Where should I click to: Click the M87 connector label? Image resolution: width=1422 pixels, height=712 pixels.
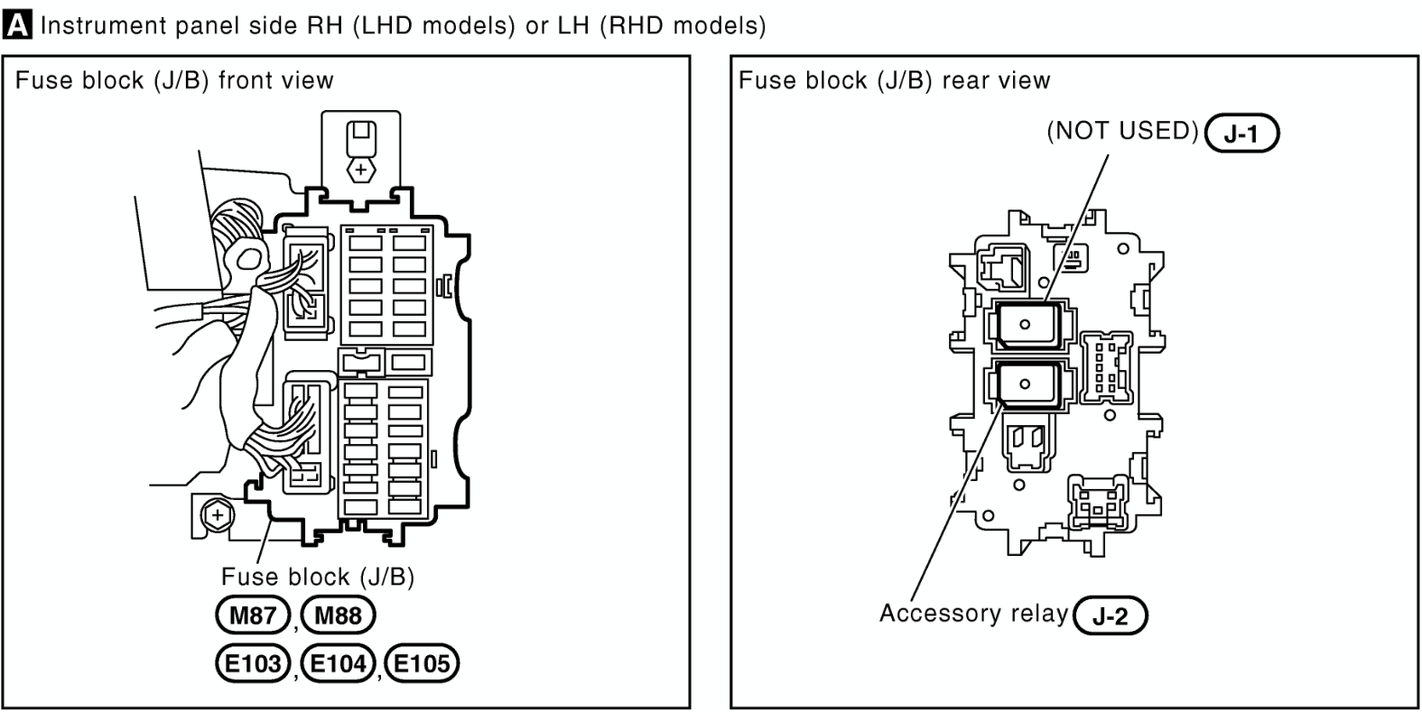click(253, 615)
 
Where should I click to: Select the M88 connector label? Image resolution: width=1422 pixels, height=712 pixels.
click(339, 615)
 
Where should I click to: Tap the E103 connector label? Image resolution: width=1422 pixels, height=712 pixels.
click(253, 663)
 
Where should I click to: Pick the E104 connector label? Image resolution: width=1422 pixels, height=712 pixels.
click(339, 663)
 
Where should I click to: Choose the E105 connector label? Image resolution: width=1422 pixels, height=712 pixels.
click(423, 663)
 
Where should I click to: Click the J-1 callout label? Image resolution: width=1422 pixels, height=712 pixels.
click(1241, 134)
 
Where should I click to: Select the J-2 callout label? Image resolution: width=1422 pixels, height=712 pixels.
click(1111, 615)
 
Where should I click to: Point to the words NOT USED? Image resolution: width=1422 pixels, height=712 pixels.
click(1123, 131)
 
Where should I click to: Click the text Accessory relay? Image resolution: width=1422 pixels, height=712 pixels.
click(974, 613)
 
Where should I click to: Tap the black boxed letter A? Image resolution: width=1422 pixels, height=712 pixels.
click(17, 25)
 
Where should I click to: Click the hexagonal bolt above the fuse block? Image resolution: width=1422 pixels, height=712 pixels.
click(361, 170)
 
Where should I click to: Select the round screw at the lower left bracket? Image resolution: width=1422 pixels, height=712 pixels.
click(217, 514)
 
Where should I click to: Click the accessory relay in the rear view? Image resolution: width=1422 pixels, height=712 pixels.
click(1027, 384)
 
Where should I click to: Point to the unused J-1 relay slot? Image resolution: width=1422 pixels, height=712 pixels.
click(1027, 326)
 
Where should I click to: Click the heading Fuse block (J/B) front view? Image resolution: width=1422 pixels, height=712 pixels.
click(174, 80)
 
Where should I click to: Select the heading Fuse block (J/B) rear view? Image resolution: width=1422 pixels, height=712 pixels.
click(895, 80)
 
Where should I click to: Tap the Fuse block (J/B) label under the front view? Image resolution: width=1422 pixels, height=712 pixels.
click(318, 577)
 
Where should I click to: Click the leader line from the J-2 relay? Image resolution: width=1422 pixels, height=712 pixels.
click(957, 502)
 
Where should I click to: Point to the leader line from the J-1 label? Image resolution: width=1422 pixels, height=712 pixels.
click(1076, 227)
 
